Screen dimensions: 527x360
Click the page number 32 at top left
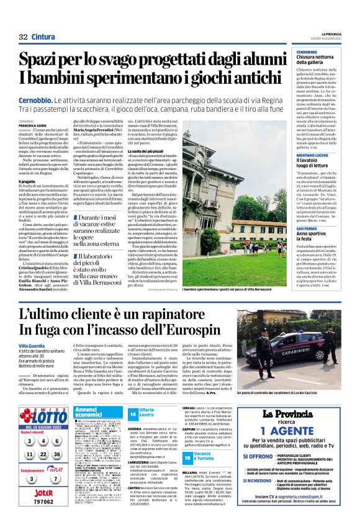[23, 37]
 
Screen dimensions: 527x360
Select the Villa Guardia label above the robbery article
[32, 345]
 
